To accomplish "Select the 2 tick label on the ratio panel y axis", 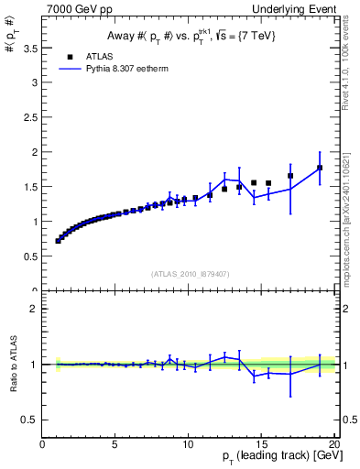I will (34, 309).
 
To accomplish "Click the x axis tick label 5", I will (115, 444).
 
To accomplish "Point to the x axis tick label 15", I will (261, 444).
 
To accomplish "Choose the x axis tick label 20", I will (333, 444).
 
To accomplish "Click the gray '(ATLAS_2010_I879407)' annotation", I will (190, 273).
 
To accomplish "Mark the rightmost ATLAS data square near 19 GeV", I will (320, 168).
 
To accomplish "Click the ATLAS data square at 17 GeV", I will (290, 176).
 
